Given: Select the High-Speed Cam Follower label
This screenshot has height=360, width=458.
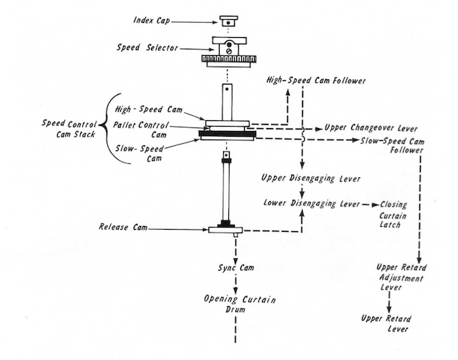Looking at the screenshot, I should coord(316,81).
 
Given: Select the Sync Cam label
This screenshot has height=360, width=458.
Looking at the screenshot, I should coord(232,268).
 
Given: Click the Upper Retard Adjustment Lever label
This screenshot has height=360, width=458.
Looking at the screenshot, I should coord(400,277).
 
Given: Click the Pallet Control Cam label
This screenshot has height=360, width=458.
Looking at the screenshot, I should coord(148,130).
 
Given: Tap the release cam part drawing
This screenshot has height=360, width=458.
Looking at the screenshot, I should coord(226,229).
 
